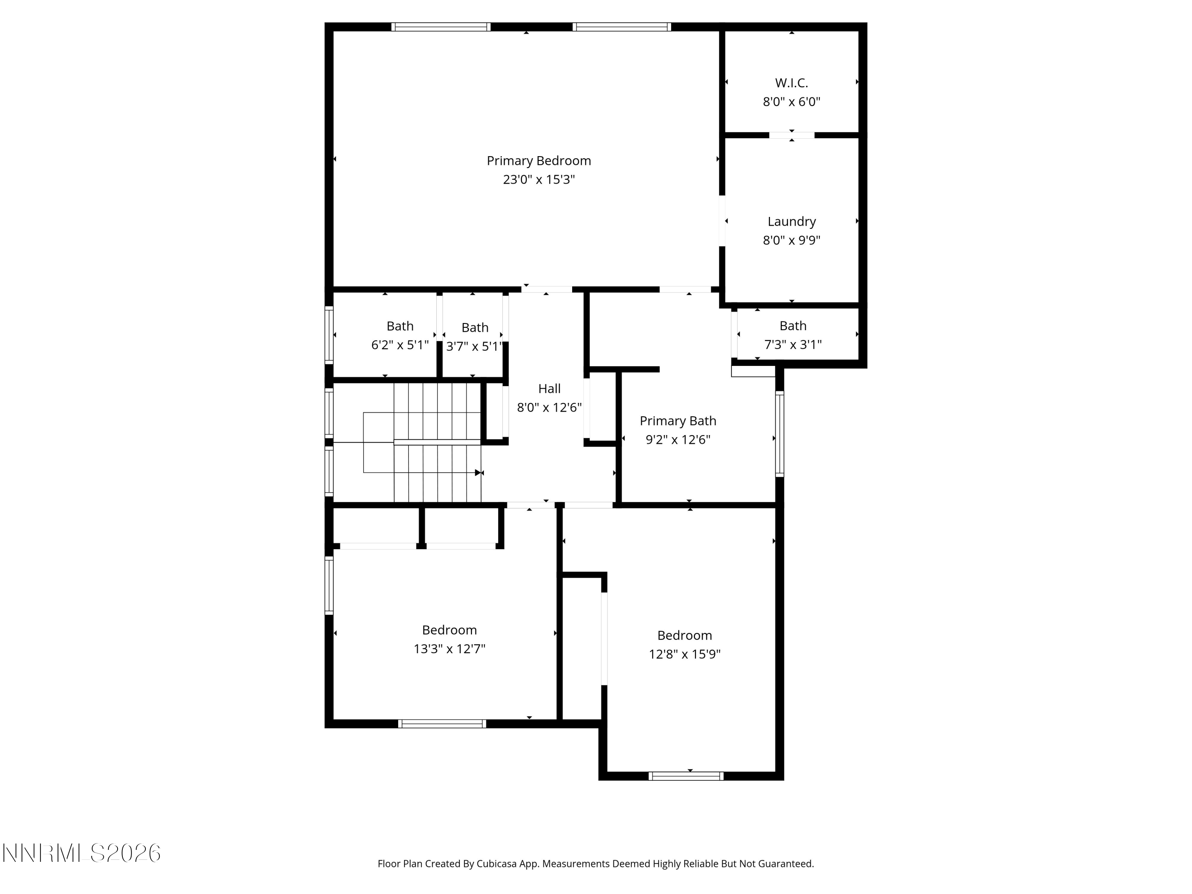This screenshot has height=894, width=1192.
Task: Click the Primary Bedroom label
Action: tap(538, 161)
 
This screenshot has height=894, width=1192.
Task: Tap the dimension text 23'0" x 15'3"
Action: tap(538, 180)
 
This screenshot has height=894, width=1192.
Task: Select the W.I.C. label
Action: tap(791, 83)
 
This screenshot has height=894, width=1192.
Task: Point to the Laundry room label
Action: tap(791, 221)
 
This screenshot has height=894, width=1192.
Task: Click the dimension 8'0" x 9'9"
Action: tap(791, 240)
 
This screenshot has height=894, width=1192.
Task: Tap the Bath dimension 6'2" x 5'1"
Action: tap(400, 345)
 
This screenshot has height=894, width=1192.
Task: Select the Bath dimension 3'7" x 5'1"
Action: tap(474, 346)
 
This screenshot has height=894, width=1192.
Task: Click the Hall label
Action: tap(549, 389)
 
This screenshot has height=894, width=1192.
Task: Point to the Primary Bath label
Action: tap(677, 421)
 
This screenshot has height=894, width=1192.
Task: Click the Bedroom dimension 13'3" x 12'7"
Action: tap(449, 649)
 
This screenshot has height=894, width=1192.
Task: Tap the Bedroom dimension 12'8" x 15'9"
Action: tap(684, 654)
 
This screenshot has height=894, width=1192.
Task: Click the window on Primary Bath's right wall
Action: tap(779, 434)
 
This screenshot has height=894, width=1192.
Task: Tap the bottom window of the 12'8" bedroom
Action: tap(685, 776)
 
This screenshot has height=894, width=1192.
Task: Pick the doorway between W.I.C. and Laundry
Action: tap(791, 135)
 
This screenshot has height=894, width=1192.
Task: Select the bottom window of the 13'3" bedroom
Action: tap(442, 724)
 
